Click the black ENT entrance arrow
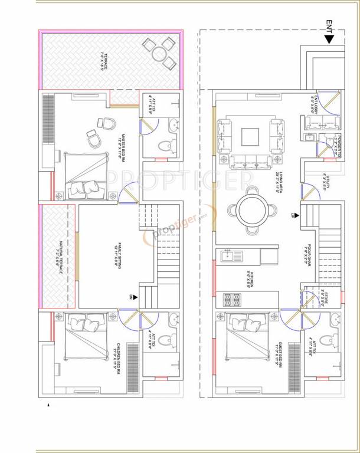click(x=329, y=40)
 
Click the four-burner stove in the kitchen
click(x=230, y=299)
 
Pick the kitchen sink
click(x=227, y=256)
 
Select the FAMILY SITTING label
click(x=118, y=256)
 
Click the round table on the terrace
click(x=159, y=52)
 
